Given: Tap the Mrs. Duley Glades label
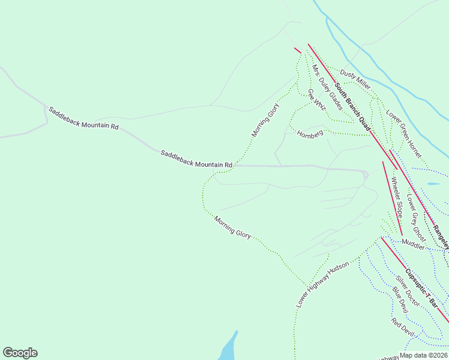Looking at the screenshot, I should click(x=327, y=88).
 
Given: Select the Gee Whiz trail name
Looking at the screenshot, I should click(x=316, y=99).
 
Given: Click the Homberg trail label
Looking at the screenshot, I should click(x=310, y=133).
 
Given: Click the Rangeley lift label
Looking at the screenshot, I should click(x=441, y=238).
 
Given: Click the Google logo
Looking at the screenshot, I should click(x=20, y=353).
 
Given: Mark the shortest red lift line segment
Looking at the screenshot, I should click(x=297, y=50).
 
